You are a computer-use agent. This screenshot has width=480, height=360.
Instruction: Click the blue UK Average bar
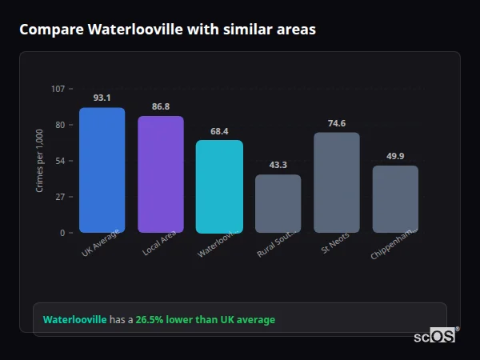pos(102,170)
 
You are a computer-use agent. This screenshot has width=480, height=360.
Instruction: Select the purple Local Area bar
pos(161,174)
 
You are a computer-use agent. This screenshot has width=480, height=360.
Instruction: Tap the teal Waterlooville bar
pos(219,186)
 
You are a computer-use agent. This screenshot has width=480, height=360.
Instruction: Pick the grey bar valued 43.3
pos(278,203)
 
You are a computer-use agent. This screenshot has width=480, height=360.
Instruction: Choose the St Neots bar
pos(337,182)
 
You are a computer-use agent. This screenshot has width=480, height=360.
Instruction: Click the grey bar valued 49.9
pos(395,199)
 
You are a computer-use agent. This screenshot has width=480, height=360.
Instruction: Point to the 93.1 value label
pos(102,98)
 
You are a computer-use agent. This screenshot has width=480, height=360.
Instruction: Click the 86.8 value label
pos(161,106)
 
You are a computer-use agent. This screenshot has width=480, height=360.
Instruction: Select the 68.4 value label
pos(219,131)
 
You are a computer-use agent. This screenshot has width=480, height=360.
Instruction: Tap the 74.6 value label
pos(337,123)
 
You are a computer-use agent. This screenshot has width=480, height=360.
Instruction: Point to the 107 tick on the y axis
pos(58,89)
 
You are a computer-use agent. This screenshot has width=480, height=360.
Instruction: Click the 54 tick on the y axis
pos(59,161)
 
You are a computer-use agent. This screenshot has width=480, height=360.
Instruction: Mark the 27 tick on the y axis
pos(59,197)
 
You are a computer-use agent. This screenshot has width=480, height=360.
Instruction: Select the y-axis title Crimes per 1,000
pos(39,160)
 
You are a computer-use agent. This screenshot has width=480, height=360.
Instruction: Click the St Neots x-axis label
pos(334,243)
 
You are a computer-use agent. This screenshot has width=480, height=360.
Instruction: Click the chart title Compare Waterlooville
pos(167,30)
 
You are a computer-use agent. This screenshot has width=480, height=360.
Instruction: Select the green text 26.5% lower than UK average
pos(205,320)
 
